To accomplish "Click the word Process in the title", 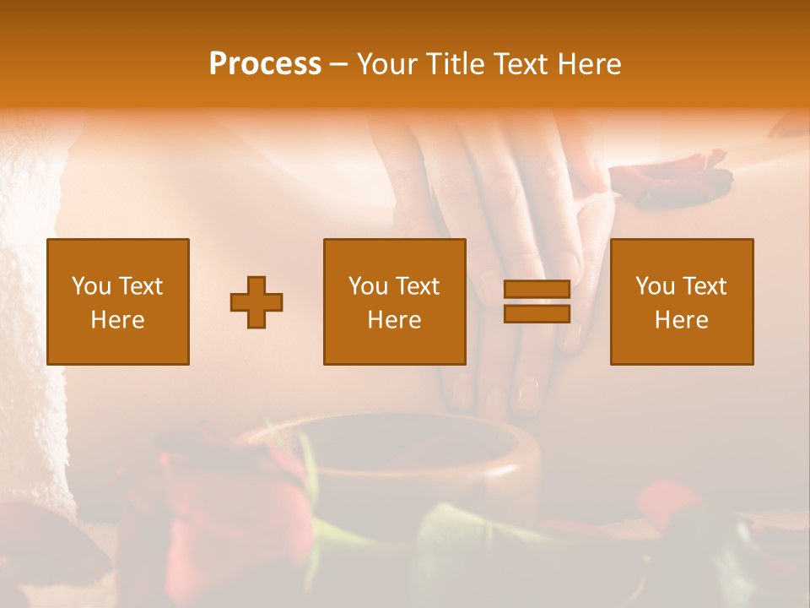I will point(265,64).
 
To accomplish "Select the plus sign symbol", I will point(256,302).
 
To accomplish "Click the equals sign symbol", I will point(537,302).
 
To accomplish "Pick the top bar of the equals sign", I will point(537,290).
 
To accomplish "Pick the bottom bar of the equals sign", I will point(537,314).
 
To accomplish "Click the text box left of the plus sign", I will point(118,301).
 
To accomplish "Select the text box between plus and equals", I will point(394,301).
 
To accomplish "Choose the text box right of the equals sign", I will point(682,301).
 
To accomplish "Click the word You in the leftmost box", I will point(91,286).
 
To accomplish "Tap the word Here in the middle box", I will point(394,320).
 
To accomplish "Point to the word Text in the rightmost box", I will point(705,286).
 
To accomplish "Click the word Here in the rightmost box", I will point(682,320).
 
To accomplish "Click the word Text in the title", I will point(522,64).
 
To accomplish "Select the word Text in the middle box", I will point(418,286).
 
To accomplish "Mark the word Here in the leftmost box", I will point(118,320).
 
